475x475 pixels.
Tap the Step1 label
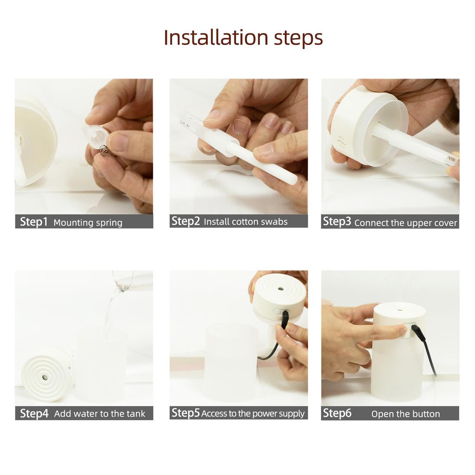click(34, 222)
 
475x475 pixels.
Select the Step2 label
click(186, 221)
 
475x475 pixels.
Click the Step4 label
click(34, 413)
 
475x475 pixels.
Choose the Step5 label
click(186, 413)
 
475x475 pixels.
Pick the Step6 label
click(337, 413)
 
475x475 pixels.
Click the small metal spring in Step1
click(106, 150)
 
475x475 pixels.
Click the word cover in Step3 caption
click(445, 223)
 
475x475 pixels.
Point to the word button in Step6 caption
click(426, 414)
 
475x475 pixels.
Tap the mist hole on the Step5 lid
click(281, 288)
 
